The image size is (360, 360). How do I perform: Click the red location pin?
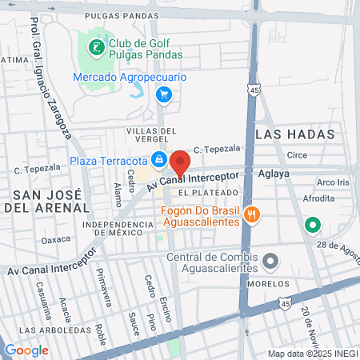tap(180, 162)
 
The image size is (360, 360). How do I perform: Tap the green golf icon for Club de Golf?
tap(96, 48)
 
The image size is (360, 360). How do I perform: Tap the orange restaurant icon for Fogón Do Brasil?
tap(252, 214)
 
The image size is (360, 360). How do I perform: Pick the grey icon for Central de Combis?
tap(270, 261)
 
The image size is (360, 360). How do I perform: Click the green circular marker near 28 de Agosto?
tap(313, 226)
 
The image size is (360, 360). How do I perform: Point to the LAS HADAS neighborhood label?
tap(290, 135)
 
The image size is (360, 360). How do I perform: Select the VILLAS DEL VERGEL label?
tap(151, 135)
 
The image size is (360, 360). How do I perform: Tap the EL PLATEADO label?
tap(208, 193)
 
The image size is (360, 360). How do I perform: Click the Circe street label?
tap(297, 154)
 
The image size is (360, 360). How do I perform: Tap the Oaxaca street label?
tap(56, 238)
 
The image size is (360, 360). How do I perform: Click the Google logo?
tap(26, 350)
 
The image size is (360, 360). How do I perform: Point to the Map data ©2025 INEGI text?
tap(312, 354)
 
